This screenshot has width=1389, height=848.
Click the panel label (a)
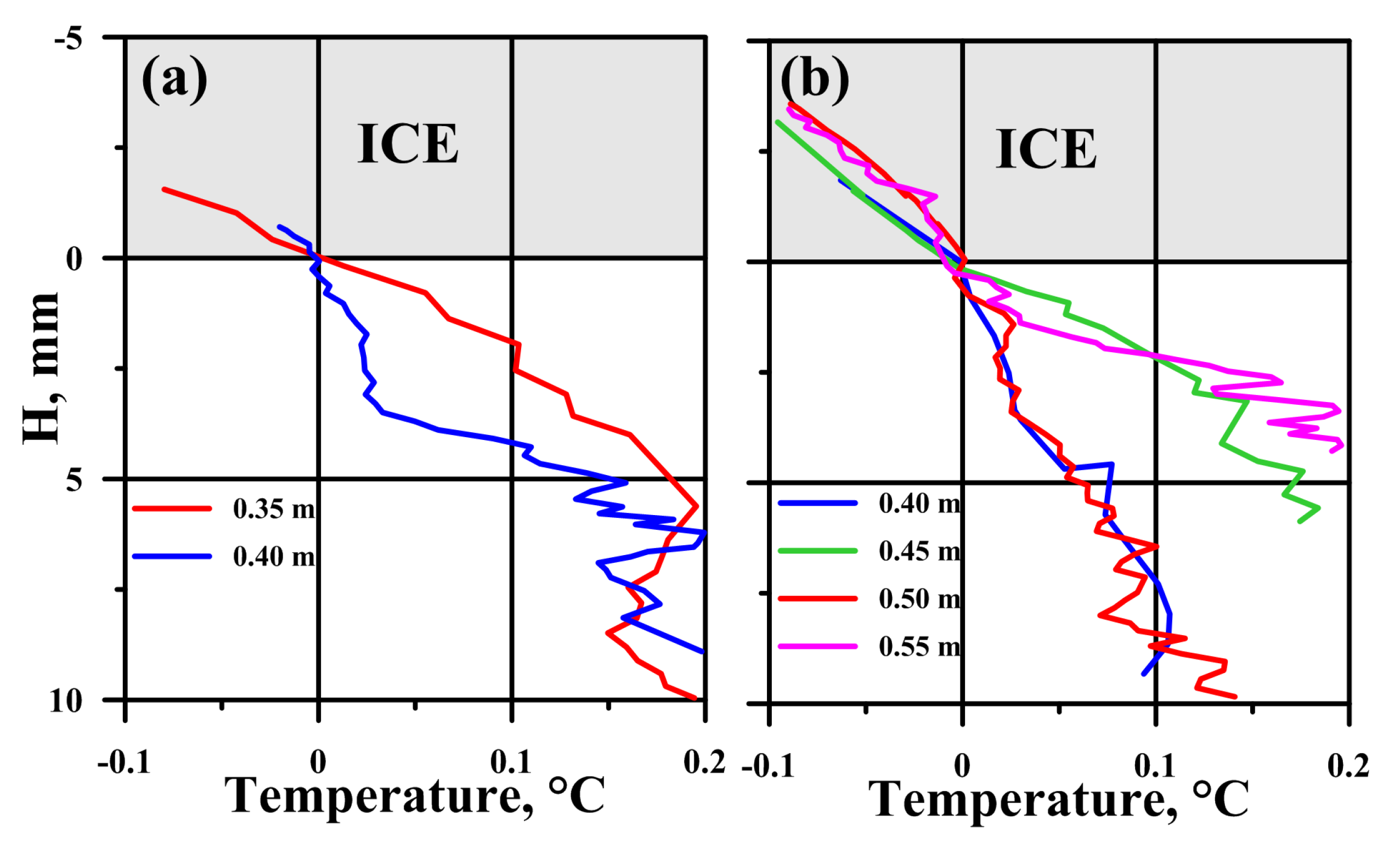174,80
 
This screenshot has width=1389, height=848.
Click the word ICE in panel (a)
408,144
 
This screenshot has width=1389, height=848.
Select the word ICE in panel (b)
1046,149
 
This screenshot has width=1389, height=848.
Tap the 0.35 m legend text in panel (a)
274,509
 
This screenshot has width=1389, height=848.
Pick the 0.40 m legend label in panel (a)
274,557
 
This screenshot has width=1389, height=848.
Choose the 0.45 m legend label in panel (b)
919,551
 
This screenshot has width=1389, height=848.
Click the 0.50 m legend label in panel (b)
919,598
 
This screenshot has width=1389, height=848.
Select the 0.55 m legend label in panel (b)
919,646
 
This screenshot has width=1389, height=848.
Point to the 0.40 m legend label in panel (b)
919,503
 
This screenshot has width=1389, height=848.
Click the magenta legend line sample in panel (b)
817,646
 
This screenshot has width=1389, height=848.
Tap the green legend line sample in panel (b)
817,551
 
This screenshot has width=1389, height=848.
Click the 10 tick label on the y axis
65,701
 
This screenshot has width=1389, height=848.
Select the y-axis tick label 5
74,480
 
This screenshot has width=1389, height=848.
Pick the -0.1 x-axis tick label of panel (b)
768,766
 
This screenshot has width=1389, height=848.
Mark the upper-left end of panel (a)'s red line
164,189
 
